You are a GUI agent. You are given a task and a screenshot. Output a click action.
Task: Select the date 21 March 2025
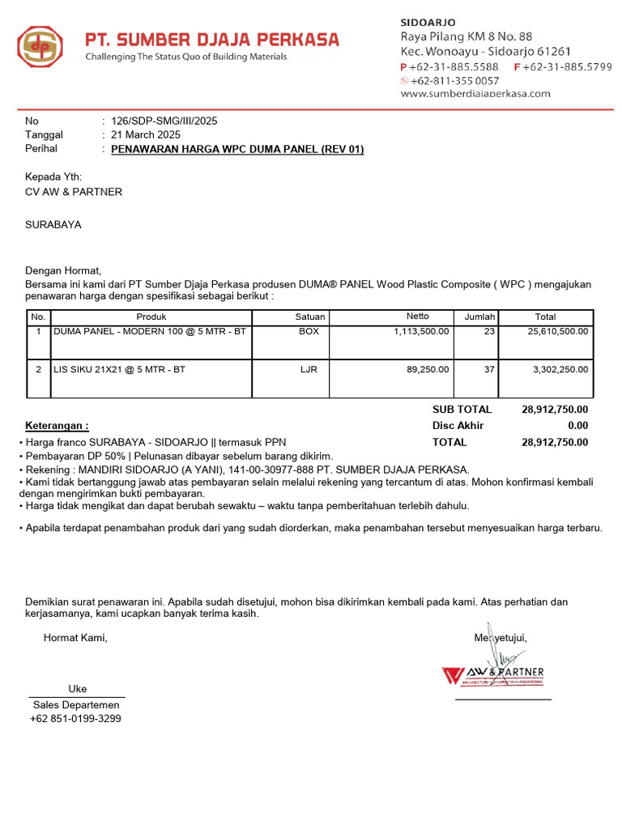click(146, 135)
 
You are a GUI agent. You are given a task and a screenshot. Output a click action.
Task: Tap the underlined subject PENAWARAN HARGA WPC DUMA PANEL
click(237, 150)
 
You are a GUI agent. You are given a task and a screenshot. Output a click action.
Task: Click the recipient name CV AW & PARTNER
click(74, 192)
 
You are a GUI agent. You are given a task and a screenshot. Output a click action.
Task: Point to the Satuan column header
click(310, 317)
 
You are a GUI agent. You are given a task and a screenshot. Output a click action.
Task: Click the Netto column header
click(417, 317)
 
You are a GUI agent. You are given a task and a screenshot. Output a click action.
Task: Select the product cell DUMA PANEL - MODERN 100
click(150, 332)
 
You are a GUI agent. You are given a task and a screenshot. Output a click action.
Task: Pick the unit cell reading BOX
click(309, 332)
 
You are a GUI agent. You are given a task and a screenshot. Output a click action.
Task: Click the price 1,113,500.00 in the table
click(421, 332)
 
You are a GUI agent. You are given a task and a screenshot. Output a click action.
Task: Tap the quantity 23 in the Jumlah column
click(488, 332)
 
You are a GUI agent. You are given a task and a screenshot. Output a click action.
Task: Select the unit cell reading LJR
click(309, 369)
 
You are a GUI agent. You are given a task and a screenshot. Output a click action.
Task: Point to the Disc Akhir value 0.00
click(577, 426)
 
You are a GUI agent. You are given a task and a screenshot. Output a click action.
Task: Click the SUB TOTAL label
click(462, 410)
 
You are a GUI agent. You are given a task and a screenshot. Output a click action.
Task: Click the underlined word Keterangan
click(57, 426)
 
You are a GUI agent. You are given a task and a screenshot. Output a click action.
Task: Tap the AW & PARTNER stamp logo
click(493, 674)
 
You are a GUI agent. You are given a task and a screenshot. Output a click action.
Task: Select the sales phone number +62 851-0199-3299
click(75, 719)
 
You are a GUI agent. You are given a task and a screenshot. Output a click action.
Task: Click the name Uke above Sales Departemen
click(77, 689)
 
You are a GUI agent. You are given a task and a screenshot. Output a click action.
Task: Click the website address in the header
click(475, 93)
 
